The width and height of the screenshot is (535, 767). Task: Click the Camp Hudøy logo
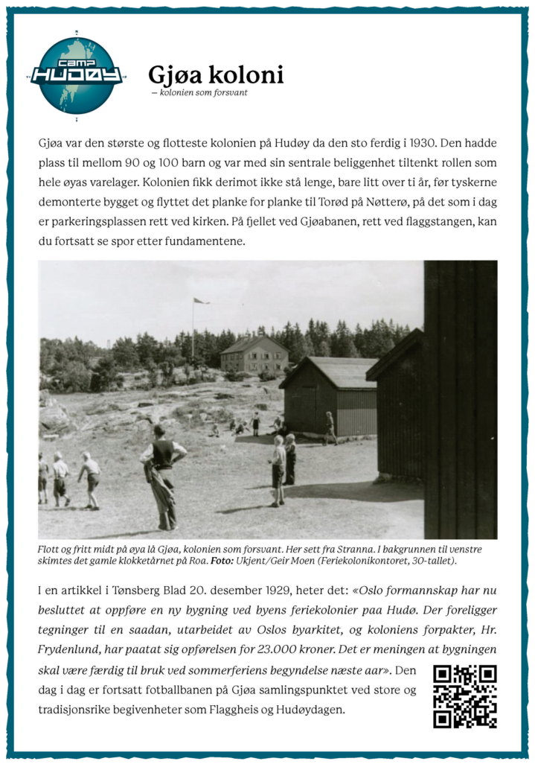point(77,75)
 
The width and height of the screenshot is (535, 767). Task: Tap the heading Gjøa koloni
point(216,75)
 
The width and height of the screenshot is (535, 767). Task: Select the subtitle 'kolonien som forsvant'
point(203,93)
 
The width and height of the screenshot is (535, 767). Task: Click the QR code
point(464,696)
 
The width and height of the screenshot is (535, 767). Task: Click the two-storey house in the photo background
point(254,355)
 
